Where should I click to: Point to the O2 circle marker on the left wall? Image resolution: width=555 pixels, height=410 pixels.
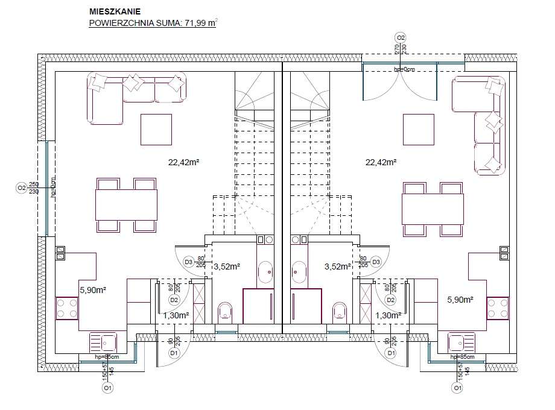coord(21,188)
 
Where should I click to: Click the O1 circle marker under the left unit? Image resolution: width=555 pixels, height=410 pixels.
coord(108,388)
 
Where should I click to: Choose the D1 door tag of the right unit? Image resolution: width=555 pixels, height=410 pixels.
coord(391,352)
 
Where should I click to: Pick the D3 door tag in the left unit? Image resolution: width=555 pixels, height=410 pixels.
coord(188,262)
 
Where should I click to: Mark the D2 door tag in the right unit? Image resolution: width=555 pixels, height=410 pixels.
coord(390,300)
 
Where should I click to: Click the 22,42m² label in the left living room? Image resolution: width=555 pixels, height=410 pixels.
coord(185,162)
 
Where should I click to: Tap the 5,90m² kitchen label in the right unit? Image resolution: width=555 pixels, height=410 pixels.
coord(460,300)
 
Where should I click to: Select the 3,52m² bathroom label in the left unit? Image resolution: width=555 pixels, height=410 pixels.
coord(227,266)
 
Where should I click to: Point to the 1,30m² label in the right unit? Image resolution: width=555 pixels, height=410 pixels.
coord(388,315)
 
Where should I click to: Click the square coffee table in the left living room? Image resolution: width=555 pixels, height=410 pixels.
coord(156,130)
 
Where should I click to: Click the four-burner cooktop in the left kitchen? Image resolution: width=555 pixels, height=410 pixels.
coord(66,308)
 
